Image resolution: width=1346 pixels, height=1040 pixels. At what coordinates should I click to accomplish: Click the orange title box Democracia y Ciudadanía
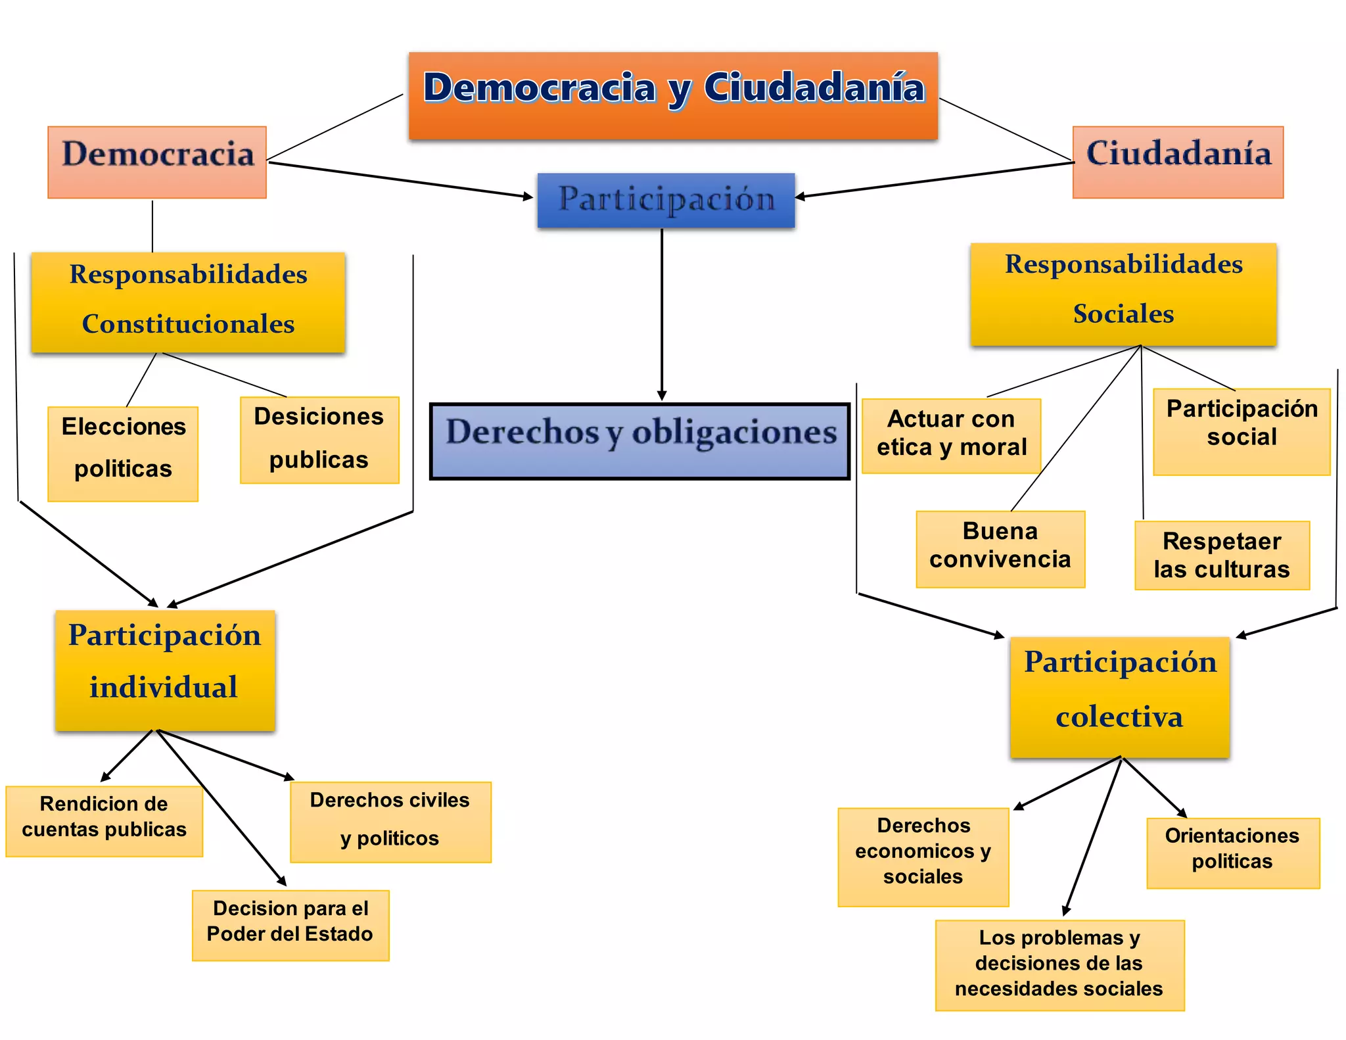coord(673,95)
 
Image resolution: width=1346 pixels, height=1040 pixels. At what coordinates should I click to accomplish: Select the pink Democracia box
coord(157,162)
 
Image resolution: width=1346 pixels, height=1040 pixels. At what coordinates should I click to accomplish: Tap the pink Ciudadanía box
coord(1178,162)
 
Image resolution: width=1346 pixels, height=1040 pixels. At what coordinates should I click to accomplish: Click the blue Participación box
coord(666,201)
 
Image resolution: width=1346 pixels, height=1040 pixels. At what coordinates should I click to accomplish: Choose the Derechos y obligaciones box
coord(639,441)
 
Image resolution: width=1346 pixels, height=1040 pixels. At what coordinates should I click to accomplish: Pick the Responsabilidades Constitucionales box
coord(188,302)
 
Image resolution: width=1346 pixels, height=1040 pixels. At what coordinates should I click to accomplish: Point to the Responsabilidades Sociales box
coord(1123,294)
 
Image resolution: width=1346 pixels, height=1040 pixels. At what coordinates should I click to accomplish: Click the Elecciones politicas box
coord(123,454)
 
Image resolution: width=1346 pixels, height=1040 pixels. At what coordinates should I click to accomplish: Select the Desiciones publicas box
coord(319,440)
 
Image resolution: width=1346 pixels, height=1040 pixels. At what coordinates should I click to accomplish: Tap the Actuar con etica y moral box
coord(951,435)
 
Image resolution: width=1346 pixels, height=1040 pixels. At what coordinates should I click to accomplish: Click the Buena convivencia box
coord(1000,549)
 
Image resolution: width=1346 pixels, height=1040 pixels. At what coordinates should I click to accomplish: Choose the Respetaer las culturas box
coord(1222,555)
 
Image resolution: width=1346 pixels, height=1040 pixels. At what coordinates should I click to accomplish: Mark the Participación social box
coord(1242,431)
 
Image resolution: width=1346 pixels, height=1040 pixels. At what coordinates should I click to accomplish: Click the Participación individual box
coord(165,670)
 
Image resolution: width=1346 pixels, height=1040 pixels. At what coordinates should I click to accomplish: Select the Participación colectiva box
coord(1119,697)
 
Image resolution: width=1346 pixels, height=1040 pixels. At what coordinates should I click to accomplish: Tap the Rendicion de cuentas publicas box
coord(104,820)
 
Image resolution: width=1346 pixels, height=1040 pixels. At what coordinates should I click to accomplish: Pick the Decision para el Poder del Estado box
coord(290,925)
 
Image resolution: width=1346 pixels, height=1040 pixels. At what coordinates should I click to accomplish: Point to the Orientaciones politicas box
coord(1233,853)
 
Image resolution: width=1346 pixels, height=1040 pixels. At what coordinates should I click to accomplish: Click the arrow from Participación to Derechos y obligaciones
coord(662,316)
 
